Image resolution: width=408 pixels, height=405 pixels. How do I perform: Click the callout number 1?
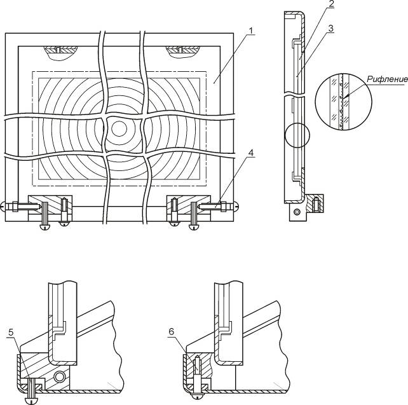point(250,31)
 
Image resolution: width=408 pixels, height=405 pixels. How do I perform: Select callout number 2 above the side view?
point(330,4)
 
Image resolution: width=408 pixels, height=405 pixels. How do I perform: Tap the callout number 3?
point(330,29)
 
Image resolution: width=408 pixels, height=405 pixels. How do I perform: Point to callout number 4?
point(250,153)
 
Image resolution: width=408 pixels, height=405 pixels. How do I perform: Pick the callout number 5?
point(11,332)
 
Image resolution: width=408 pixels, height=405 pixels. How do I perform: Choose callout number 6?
point(171,332)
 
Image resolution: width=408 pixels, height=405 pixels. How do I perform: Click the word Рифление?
point(387,79)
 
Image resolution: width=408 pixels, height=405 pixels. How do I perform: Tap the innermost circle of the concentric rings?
point(119,128)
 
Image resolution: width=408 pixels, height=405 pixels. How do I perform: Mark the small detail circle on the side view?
point(297,135)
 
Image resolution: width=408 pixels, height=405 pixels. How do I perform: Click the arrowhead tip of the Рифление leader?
point(343,98)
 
